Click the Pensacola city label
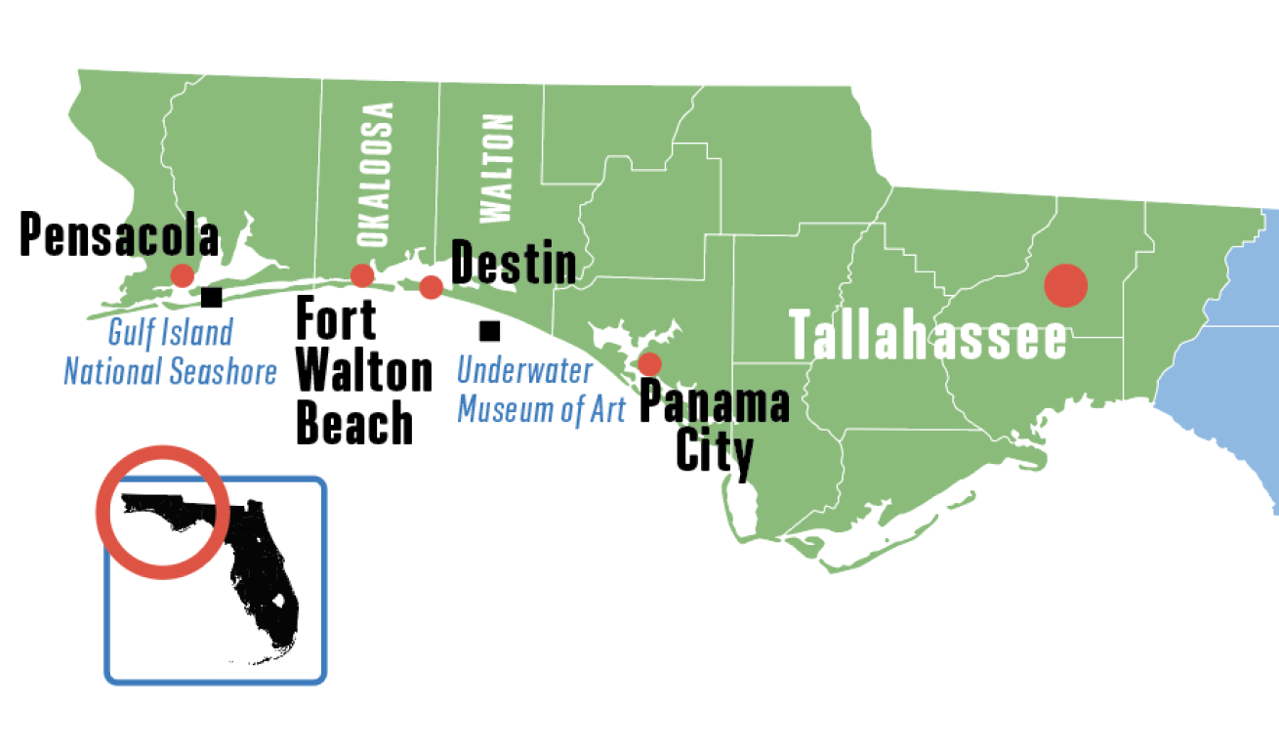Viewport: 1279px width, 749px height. (x=119, y=235)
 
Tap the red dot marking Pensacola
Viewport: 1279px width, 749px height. (x=183, y=275)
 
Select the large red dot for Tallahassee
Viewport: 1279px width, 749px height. (x=1065, y=285)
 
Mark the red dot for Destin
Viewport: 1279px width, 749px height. (x=431, y=286)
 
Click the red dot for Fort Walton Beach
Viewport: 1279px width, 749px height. (x=362, y=275)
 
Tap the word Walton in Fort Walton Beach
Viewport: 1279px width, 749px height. (x=364, y=372)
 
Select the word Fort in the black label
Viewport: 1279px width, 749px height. (x=336, y=320)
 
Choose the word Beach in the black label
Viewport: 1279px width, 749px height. (x=354, y=424)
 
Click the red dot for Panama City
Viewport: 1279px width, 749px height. (x=649, y=364)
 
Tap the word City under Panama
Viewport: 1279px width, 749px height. (x=715, y=452)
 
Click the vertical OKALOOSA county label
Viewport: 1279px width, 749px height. (x=375, y=174)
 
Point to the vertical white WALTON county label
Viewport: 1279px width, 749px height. (x=496, y=168)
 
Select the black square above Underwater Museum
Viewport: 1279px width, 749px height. (x=490, y=331)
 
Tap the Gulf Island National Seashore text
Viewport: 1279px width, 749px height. (x=171, y=352)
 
